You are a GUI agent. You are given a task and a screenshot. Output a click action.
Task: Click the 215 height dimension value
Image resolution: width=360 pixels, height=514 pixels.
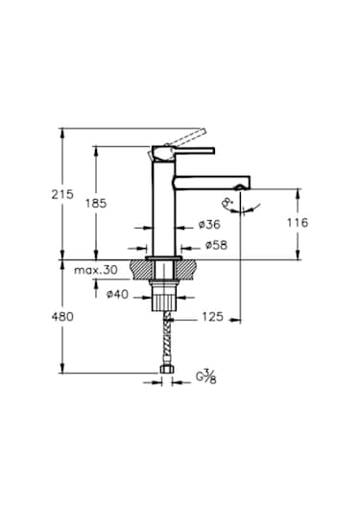62,194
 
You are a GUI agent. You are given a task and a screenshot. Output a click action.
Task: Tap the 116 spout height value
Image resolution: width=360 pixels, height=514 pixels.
297,222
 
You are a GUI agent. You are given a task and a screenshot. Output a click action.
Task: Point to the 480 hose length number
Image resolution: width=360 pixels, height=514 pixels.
62,316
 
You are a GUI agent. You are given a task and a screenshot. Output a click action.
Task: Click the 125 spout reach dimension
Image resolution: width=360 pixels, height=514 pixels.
212,316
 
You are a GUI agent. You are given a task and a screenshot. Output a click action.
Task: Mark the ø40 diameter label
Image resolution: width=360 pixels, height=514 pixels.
117,294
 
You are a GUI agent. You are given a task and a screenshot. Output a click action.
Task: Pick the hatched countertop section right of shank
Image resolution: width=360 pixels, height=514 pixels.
191,268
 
